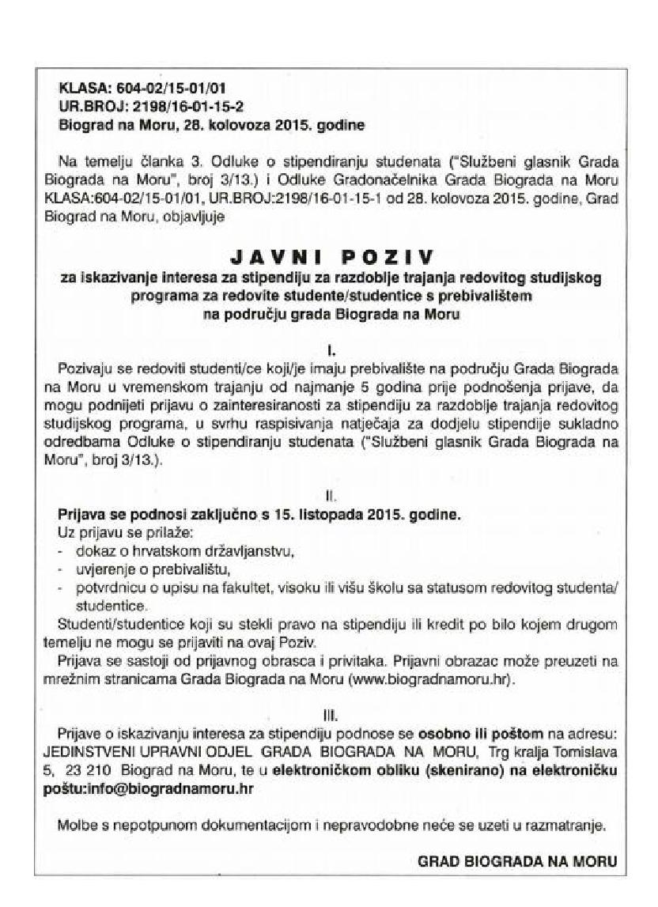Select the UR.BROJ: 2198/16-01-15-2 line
point(139,105)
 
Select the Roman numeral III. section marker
point(333,716)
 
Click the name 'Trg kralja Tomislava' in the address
point(550,752)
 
